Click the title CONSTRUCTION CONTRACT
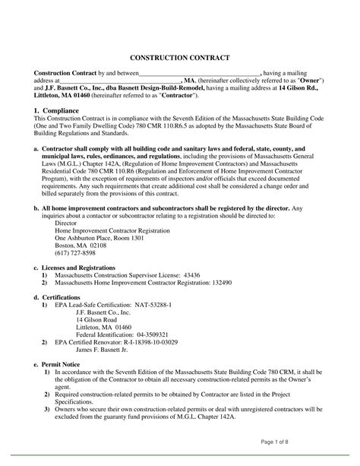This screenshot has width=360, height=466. click(180, 58)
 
